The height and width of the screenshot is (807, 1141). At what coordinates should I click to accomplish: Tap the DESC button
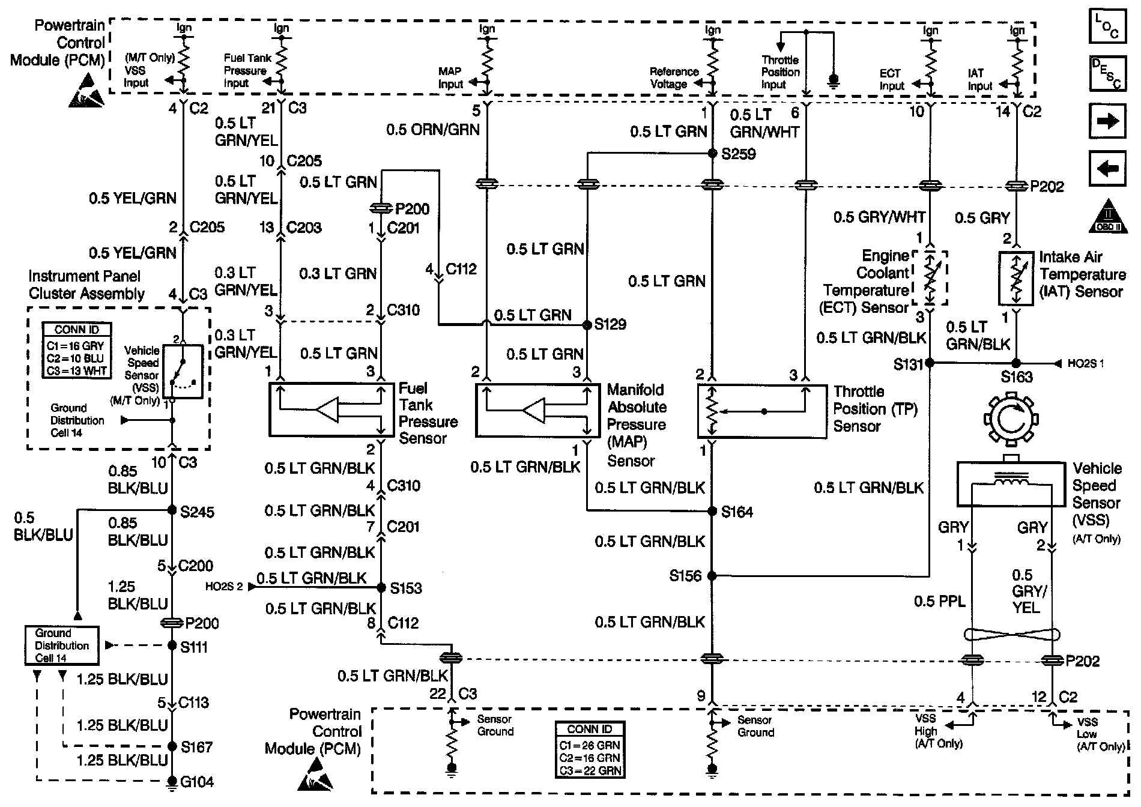tap(1107, 74)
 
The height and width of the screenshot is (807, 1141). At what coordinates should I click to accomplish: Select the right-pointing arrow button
tap(1107, 121)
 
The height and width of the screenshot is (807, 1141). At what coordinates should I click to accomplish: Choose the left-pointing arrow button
tap(1107, 169)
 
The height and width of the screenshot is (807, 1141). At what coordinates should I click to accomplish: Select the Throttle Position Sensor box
tap(761, 411)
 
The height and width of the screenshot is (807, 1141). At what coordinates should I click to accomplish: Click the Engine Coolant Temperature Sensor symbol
tap(930, 277)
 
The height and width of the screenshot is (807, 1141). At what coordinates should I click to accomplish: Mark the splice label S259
tap(739, 154)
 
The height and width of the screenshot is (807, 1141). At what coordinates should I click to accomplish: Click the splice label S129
tap(610, 324)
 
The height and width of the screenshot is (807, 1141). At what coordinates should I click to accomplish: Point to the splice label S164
tap(737, 512)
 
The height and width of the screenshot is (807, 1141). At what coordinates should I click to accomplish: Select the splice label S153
tap(406, 588)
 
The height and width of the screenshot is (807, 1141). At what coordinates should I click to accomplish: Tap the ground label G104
tap(198, 782)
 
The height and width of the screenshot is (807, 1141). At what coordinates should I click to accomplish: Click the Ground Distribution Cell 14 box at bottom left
tap(61, 645)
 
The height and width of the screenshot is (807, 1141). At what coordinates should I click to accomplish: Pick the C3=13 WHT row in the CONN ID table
tap(76, 371)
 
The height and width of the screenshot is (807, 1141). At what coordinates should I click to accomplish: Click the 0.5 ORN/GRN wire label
tap(432, 130)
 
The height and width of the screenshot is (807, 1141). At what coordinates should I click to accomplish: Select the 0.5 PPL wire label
tap(939, 601)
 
